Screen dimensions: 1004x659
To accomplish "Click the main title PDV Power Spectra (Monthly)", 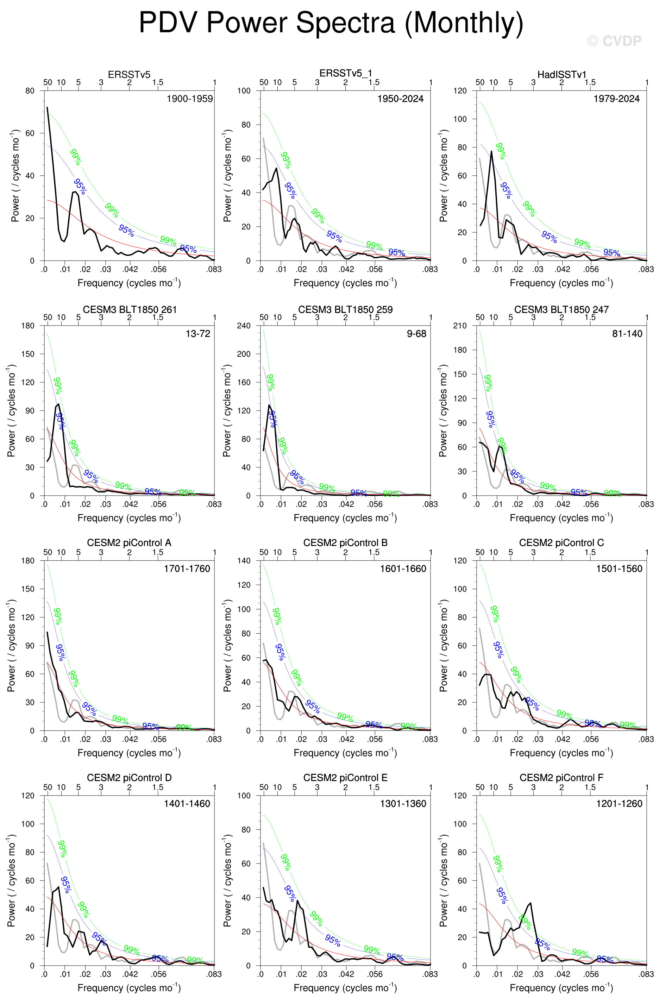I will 331,23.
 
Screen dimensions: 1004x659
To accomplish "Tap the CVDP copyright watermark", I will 614,41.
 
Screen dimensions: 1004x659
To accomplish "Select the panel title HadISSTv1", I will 561,75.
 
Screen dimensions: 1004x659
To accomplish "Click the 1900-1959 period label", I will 189,99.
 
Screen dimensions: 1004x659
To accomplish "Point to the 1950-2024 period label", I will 400,99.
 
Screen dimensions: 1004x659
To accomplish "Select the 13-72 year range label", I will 198,333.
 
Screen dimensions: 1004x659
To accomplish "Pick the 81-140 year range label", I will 627,333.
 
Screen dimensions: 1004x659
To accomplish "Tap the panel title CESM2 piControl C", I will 561,542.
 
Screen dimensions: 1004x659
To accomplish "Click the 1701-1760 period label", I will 187,568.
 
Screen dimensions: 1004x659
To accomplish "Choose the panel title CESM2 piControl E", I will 345,778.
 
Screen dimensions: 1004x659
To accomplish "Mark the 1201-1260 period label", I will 619,803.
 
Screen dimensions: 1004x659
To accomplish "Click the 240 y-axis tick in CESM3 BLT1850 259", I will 244,326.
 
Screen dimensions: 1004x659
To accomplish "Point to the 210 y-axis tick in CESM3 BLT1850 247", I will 459,326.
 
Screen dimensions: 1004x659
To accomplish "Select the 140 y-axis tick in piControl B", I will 244,561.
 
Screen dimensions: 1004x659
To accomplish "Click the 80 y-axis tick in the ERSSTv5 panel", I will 30,91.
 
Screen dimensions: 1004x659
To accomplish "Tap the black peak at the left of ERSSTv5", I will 47,108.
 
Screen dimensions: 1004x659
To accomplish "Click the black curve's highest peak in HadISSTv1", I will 491,151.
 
